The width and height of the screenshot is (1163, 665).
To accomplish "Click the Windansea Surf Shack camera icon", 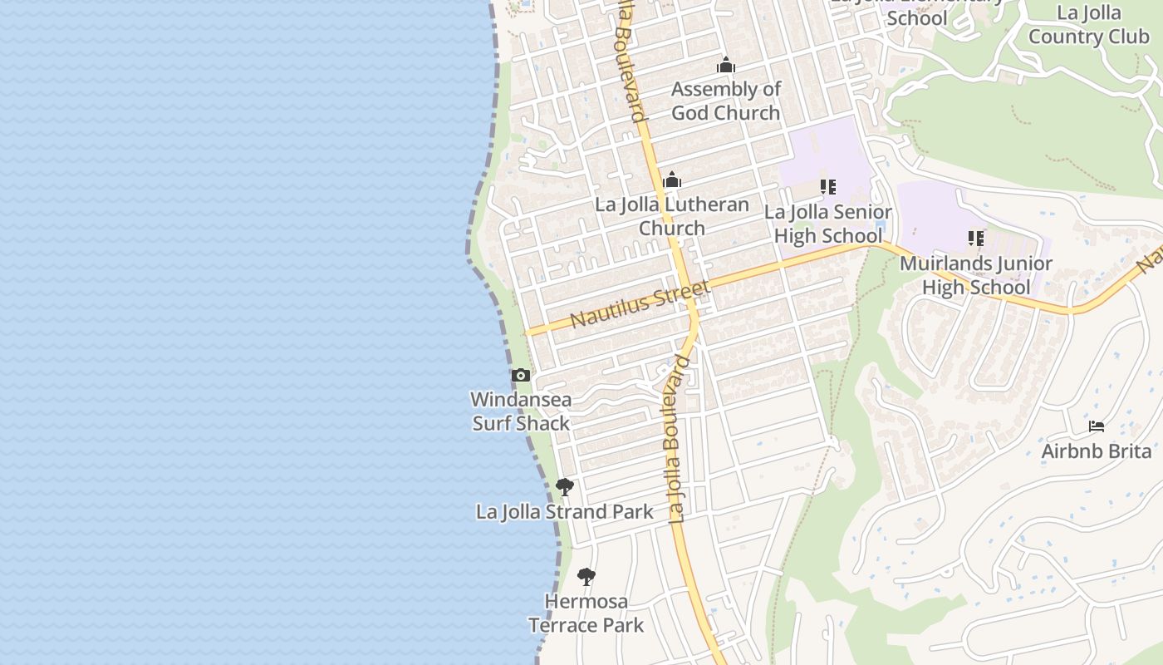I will (x=521, y=375).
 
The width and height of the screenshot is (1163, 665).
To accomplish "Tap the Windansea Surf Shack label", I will (x=521, y=411).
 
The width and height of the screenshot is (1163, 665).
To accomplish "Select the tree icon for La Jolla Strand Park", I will (x=565, y=486).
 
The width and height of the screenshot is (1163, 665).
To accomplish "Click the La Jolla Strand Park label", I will (x=565, y=511).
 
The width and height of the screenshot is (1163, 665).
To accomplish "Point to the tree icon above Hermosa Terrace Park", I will (x=586, y=576).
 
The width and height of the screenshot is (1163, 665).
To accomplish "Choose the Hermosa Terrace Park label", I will (x=586, y=613).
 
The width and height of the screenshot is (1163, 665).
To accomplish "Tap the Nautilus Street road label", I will (x=640, y=304).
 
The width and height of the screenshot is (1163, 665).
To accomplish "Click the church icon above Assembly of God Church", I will (x=726, y=65).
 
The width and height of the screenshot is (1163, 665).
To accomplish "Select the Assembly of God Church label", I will (x=726, y=101).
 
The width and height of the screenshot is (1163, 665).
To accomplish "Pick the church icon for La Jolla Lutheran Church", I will (x=672, y=180).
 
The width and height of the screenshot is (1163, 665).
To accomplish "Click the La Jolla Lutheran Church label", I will (x=672, y=216).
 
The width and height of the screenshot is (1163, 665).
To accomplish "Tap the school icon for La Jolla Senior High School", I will (x=827, y=187).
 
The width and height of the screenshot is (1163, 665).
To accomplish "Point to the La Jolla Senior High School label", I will (x=827, y=224).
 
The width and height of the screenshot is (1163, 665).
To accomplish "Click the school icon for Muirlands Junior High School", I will (x=976, y=239).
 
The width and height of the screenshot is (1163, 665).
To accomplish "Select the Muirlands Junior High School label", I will (x=976, y=275).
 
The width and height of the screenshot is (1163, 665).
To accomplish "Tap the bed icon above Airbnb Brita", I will (x=1097, y=426).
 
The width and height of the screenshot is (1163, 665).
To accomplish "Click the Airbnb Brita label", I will (x=1097, y=451).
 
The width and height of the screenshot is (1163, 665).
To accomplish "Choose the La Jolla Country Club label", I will (x=1088, y=25).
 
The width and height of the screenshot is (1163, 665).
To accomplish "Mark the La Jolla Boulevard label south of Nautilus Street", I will (x=679, y=439).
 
